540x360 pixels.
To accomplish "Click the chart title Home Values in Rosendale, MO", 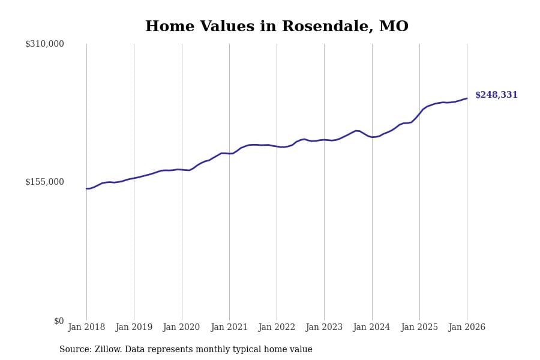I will pos(277,27).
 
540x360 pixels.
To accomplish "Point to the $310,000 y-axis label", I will pos(44,44).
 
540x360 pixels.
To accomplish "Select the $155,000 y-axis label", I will pos(44,182).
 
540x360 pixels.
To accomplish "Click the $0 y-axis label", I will pos(59,321).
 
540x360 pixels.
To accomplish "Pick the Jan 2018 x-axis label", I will pos(86,328).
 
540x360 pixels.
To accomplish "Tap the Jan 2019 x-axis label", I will pos(134,328).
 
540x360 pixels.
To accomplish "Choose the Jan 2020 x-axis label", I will pos(181,328).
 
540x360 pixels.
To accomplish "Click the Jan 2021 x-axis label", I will pos(229,328).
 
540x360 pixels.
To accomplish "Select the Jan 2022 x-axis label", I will pos(277,328).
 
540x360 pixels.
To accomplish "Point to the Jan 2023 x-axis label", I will pos(324,328).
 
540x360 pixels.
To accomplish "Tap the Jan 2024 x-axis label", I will pos(371,328).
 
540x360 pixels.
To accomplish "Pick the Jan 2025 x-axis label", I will pos(419,328).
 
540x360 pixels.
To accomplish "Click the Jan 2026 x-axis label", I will pos(467,328).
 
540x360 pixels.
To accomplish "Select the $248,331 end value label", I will pos(496,95).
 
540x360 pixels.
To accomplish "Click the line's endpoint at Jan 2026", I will pos(467,98).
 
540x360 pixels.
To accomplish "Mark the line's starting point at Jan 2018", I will pos(86,188).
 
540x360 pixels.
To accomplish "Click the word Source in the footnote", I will pos(75,350).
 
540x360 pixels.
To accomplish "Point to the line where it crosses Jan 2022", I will pos(277,146).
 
